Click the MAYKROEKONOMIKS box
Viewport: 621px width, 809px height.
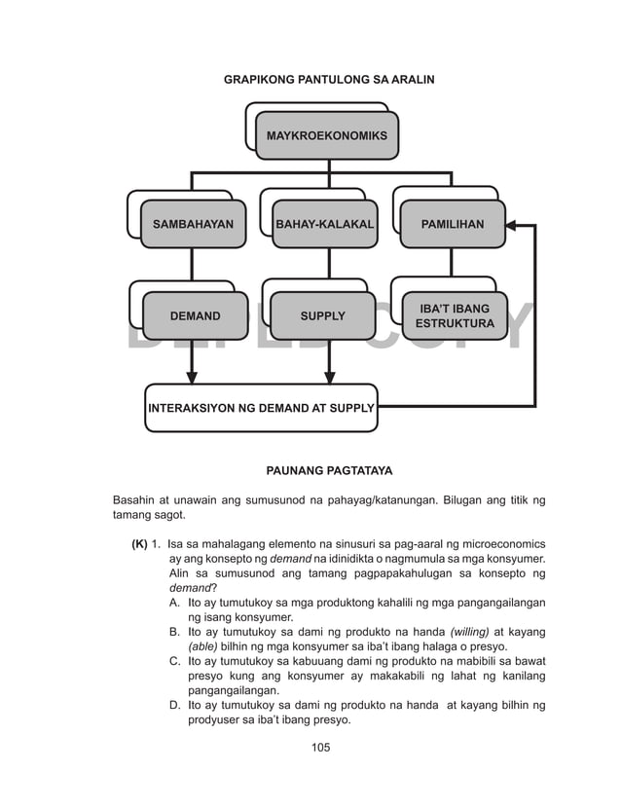tap(326, 135)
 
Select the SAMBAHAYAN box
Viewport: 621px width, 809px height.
tap(193, 224)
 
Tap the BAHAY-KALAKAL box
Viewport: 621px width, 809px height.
tap(324, 224)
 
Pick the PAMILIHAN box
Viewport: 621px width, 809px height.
tap(452, 224)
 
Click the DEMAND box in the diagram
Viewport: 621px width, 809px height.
tap(195, 315)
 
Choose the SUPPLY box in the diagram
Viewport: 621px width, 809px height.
tap(322, 315)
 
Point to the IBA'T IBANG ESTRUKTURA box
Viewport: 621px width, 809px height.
tap(454, 315)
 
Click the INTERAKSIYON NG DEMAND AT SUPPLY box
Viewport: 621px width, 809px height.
tap(261, 408)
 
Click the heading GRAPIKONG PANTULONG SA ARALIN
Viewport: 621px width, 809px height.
tap(329, 77)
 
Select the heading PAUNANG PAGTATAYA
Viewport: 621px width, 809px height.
tap(329, 471)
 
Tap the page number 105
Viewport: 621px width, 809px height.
tap(320, 748)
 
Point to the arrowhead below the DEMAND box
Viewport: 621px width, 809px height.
tap(192, 376)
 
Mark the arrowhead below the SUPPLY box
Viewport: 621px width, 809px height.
tap(329, 376)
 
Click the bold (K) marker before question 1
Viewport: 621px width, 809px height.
tap(139, 543)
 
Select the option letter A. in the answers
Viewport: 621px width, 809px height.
tap(174, 603)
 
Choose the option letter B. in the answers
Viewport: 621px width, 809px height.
tap(174, 632)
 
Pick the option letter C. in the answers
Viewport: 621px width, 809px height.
tap(174, 662)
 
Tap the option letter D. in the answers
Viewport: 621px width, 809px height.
tap(174, 706)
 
